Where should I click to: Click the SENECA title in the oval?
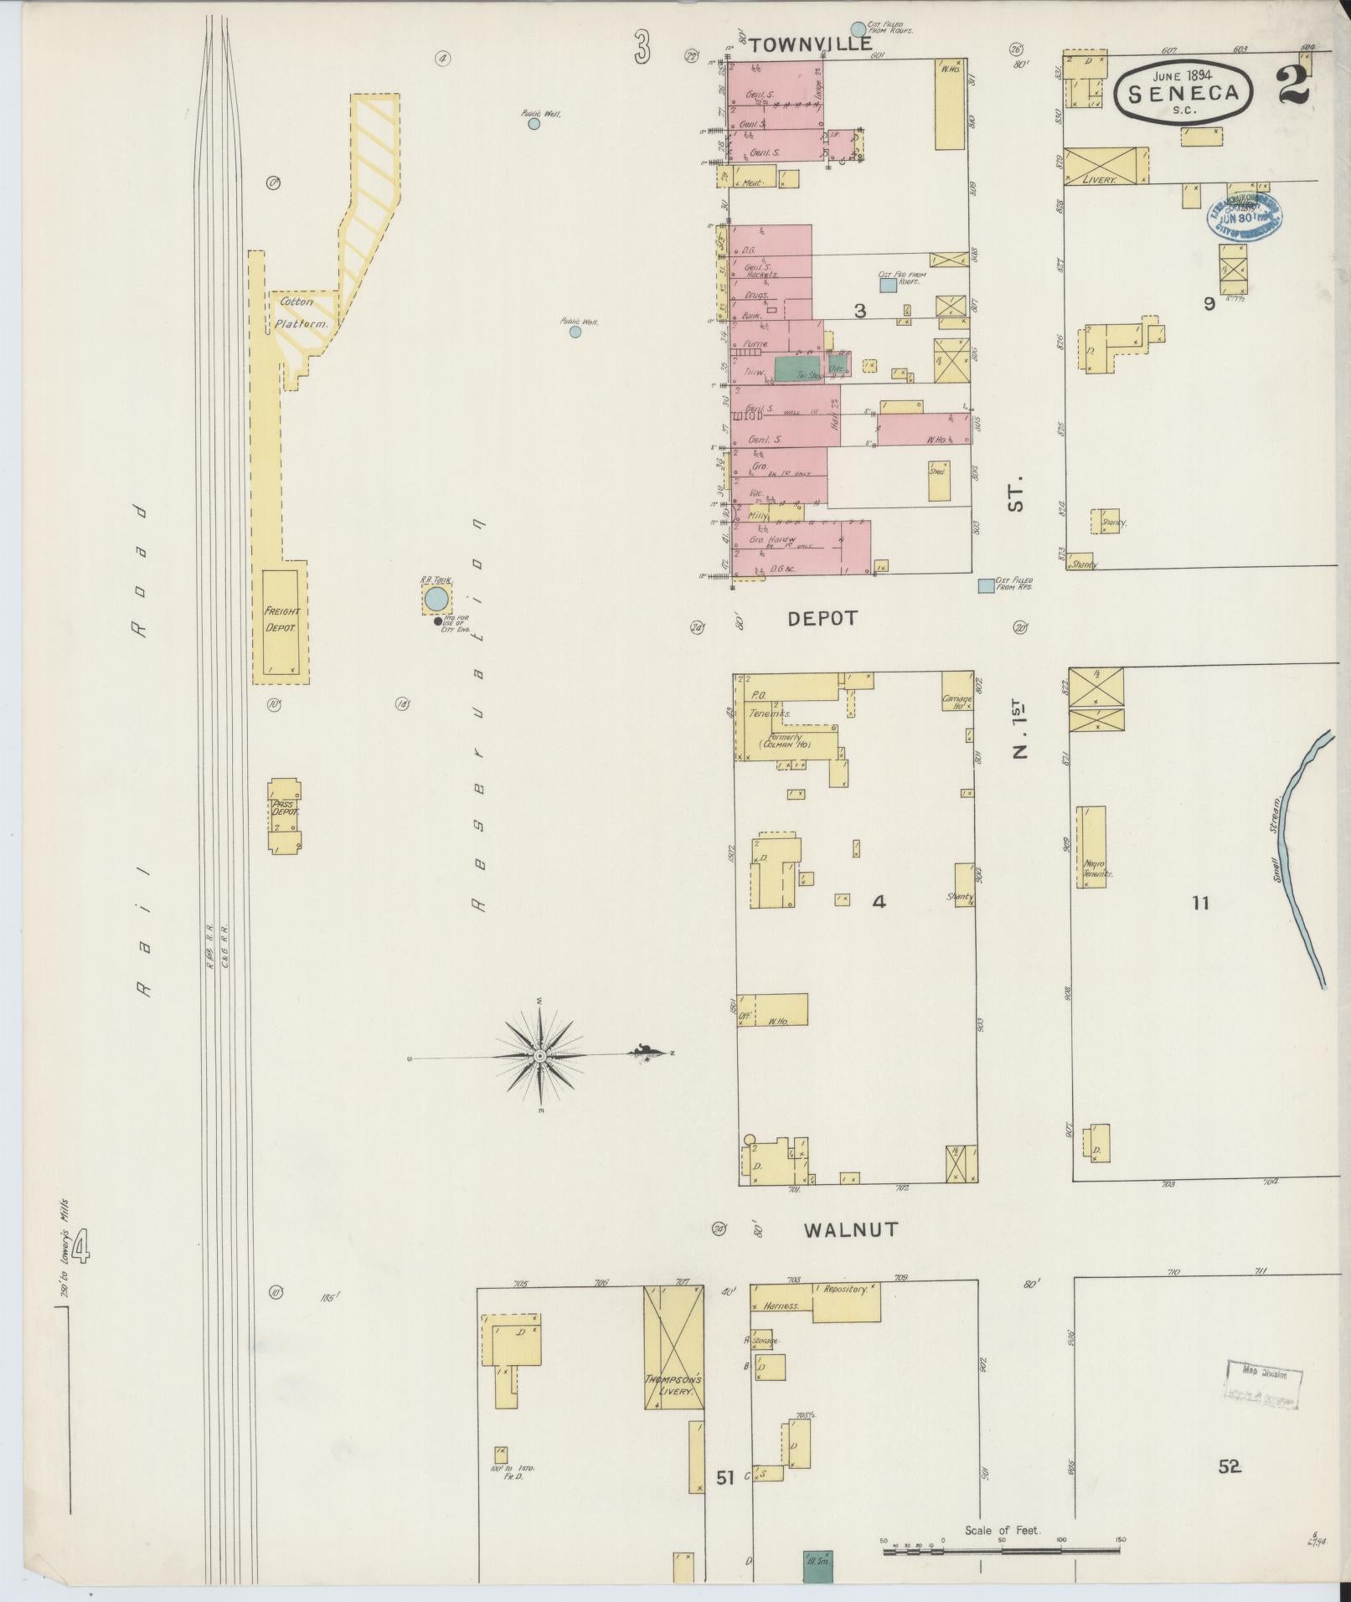[x=1183, y=93]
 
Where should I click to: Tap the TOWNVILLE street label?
[x=811, y=45]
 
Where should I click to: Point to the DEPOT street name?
[x=822, y=619]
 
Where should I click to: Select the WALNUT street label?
[x=851, y=1230]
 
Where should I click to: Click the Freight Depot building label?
[x=281, y=620]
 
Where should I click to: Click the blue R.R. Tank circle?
[x=436, y=599]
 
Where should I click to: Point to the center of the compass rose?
[x=540, y=1057]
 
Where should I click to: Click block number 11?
[x=1201, y=903]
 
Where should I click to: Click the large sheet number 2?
[x=1294, y=86]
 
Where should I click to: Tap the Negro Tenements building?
[x=1091, y=847]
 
